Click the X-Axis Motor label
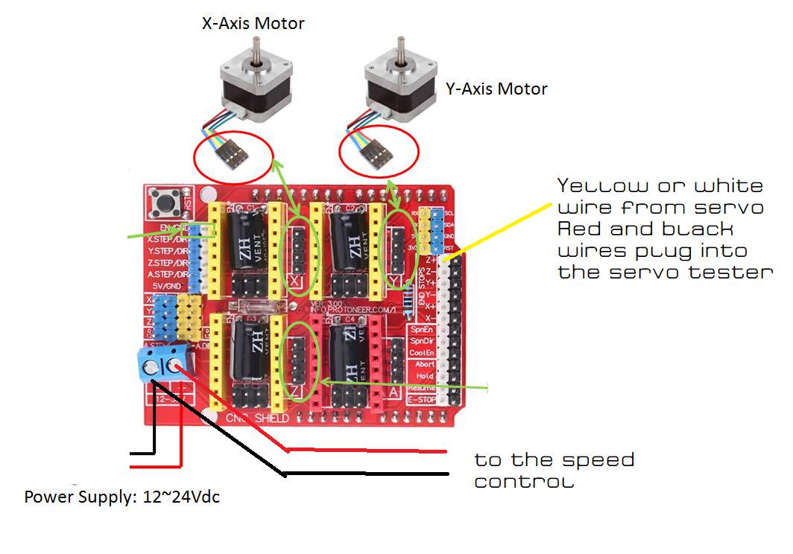253,23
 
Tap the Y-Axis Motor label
496,89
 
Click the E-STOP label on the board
421,400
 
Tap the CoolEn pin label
421,352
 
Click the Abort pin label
423,364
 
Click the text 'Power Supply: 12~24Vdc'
122,497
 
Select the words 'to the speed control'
555,470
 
